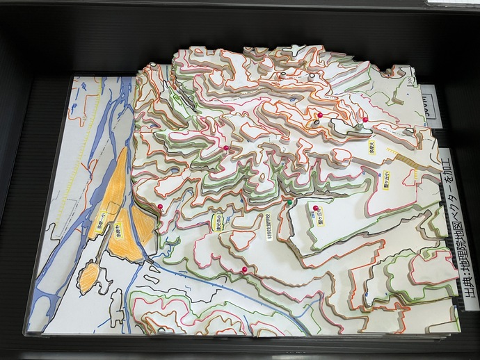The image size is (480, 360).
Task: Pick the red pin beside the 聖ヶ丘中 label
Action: coord(316,208)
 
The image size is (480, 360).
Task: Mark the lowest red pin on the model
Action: coord(243,269)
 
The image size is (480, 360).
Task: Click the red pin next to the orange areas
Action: coord(160,207)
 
